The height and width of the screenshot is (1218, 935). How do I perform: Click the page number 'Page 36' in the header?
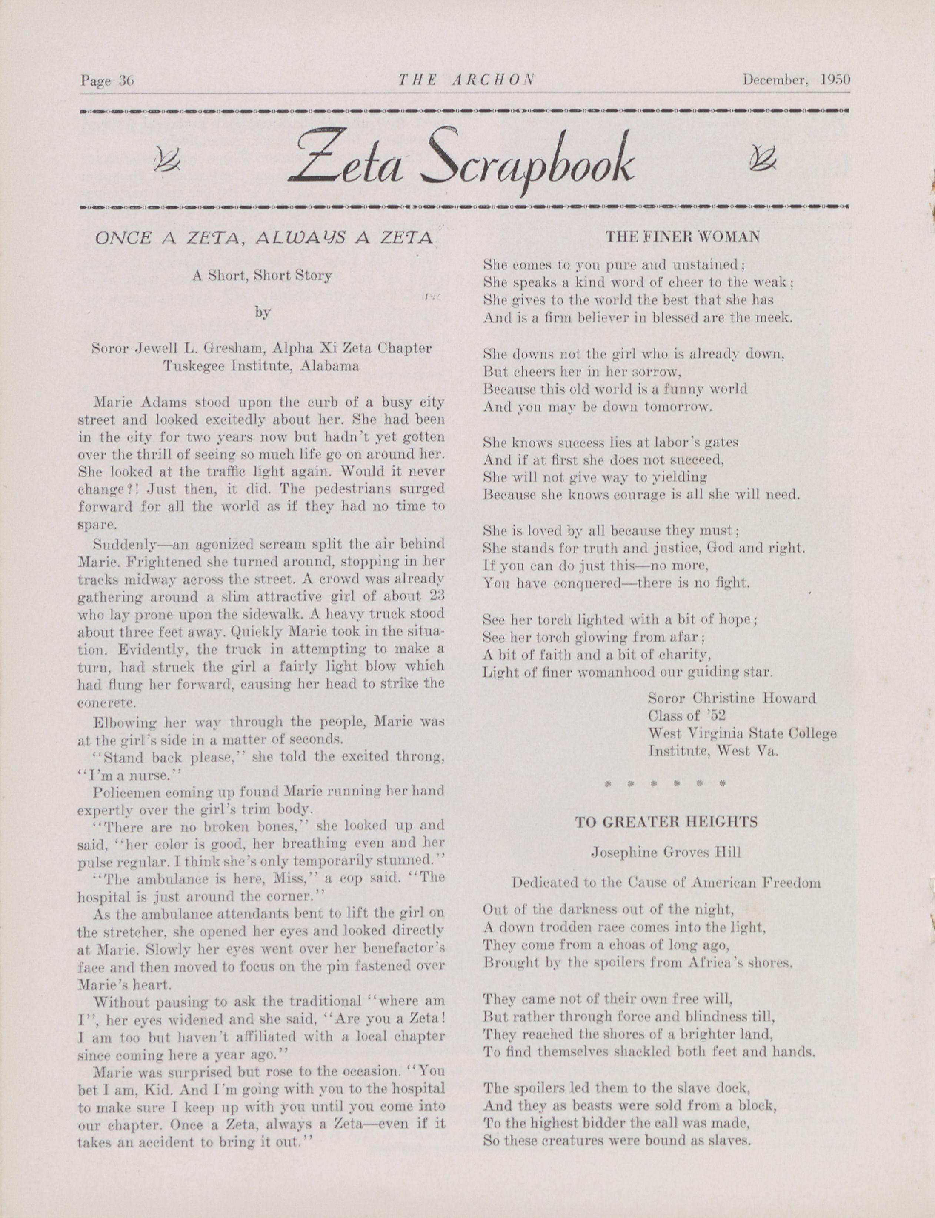tap(107, 81)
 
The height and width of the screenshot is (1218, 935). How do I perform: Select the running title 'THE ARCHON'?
tap(466, 80)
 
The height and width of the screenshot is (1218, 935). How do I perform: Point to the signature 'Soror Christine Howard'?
tap(731, 698)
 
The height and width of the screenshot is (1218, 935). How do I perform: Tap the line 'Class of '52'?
tap(687, 716)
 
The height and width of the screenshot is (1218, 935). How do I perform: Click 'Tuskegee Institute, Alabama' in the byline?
tap(261, 366)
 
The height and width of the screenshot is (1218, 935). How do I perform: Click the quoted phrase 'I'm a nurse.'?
tap(119, 775)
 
